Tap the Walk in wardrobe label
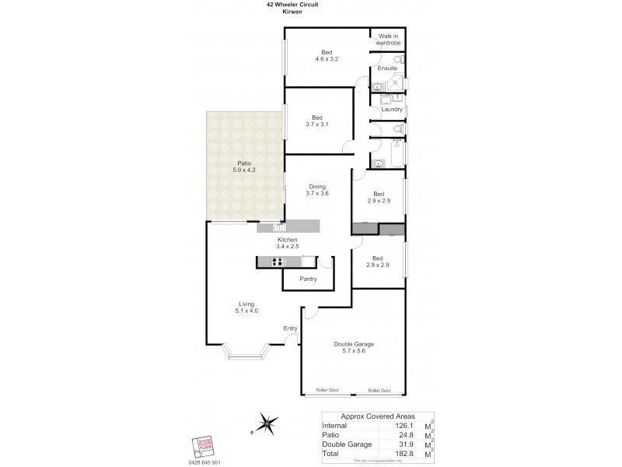click(387, 40)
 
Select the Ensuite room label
click(387, 68)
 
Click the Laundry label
click(392, 109)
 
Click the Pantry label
click(308, 279)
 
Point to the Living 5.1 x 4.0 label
click(246, 307)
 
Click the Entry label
click(290, 328)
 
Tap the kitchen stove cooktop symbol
click(278, 262)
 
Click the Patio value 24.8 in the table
click(402, 435)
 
